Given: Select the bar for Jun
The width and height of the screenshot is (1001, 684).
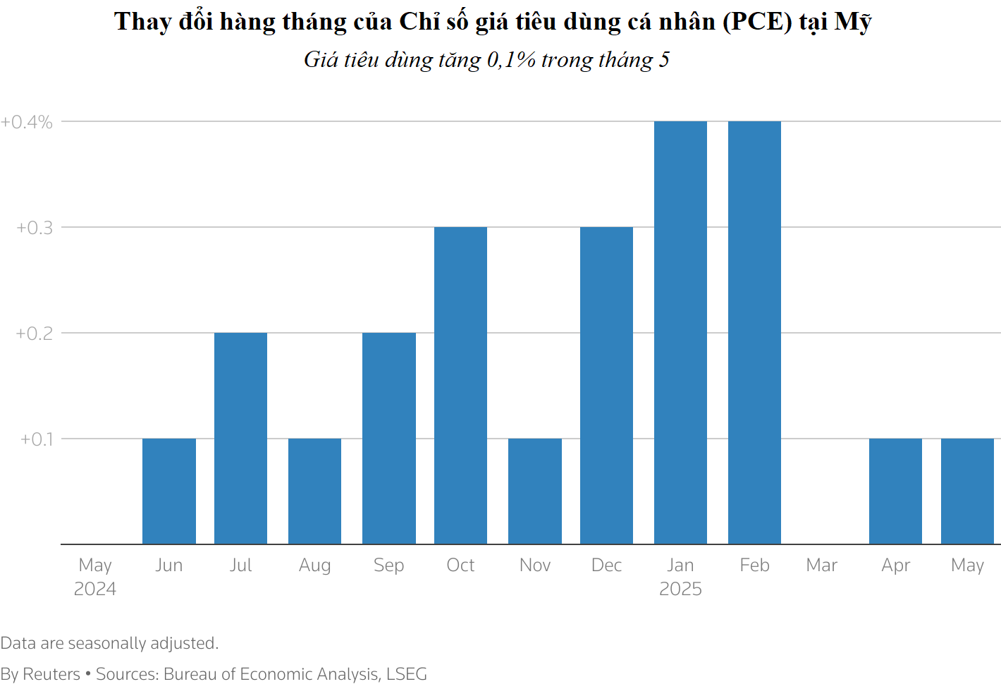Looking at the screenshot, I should [169, 491].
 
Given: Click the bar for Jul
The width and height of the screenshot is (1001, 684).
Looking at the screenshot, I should [240, 438].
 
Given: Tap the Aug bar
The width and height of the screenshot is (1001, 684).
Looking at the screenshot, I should [314, 491].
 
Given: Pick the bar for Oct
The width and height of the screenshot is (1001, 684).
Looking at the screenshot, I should [460, 385].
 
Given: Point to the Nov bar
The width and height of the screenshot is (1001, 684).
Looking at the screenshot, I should [535, 491].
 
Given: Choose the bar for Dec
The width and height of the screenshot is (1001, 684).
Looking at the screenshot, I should [606, 385].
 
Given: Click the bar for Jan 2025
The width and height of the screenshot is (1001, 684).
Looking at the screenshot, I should [680, 332].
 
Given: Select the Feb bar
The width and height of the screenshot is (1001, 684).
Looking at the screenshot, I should [754, 332].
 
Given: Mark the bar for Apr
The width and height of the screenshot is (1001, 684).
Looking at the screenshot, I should [895, 491].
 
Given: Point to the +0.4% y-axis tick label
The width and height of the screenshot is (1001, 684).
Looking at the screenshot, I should [27, 122].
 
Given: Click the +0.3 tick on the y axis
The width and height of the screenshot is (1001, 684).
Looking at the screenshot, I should [35, 228].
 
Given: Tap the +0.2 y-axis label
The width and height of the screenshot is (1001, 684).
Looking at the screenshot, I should [35, 334].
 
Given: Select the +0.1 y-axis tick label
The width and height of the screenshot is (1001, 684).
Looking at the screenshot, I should [37, 439].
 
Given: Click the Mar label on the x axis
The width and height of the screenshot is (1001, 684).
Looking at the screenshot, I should [822, 565].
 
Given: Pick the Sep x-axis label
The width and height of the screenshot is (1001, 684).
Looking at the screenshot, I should [388, 566].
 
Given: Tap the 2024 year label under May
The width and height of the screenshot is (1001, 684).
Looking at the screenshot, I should [95, 589].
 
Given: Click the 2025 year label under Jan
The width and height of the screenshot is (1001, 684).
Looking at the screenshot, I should [680, 589].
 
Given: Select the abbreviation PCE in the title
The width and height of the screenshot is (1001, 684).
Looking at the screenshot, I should [758, 22].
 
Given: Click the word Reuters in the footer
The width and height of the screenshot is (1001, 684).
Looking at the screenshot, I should [51, 674].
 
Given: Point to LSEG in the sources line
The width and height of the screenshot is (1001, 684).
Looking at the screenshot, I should [407, 674].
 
